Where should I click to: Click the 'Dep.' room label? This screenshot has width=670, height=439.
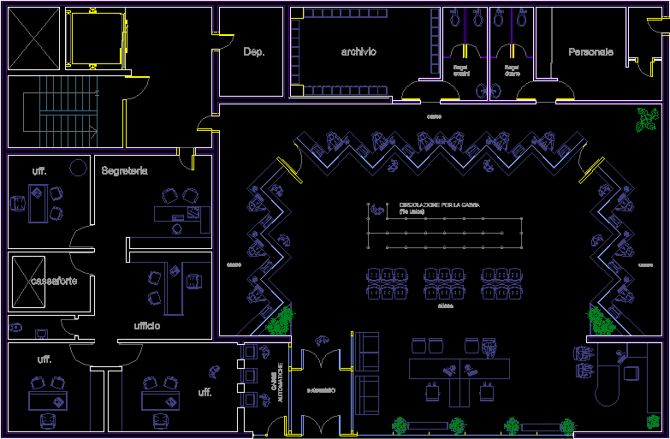click(x=254, y=52)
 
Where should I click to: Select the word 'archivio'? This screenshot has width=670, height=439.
click(x=359, y=52)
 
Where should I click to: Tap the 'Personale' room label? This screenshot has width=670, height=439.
click(x=590, y=52)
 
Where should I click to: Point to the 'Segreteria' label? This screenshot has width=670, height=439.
click(x=124, y=171)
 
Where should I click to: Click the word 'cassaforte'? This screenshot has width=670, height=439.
click(x=53, y=281)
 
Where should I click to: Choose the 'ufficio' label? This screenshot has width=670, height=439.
click(x=146, y=326)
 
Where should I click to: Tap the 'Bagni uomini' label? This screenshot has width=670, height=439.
click(x=461, y=69)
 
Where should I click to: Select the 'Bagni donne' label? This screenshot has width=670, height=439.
click(x=512, y=69)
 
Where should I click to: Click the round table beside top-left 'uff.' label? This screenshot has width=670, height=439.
click(x=78, y=167)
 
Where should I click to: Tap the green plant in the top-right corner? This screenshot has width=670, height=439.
click(x=647, y=120)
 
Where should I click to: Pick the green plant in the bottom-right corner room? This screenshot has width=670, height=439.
click(x=654, y=422)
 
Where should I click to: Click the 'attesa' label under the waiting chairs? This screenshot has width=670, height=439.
click(x=445, y=306)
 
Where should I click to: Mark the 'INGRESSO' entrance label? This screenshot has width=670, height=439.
click(x=321, y=390)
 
